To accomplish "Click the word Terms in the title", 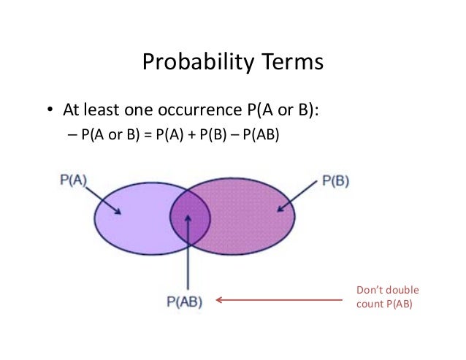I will tap(289, 64).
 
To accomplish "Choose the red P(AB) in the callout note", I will tap(399, 305).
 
